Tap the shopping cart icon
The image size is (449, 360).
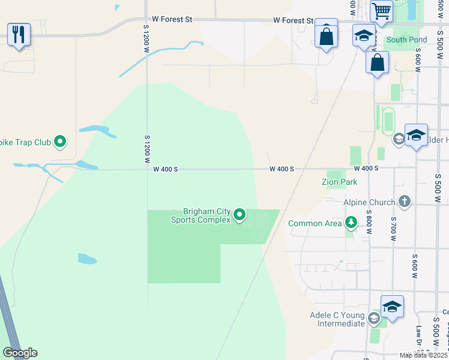(381, 11)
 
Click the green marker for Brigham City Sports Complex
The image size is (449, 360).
(240, 214)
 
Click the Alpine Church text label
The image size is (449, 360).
(369, 202)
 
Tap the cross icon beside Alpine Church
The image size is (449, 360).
(405, 202)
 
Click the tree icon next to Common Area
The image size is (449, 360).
(351, 223)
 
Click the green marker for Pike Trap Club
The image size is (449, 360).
(60, 142)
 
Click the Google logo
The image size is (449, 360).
(20, 353)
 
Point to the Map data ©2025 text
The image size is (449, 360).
(423, 355)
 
